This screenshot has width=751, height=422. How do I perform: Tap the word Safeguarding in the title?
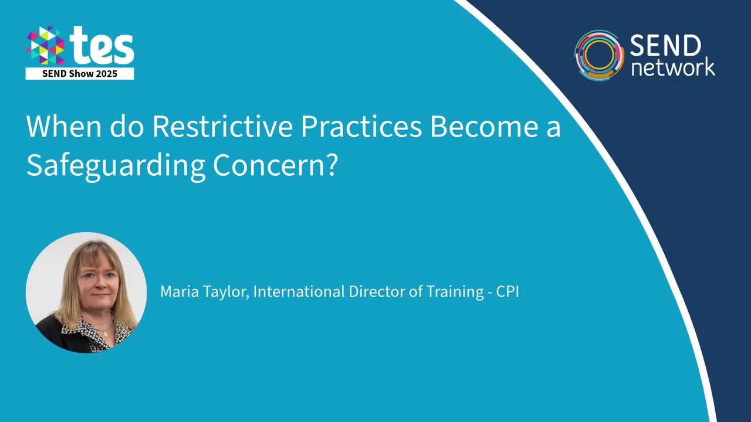point(115,166)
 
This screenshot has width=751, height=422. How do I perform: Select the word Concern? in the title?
point(275,166)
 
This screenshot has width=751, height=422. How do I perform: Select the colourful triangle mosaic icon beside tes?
point(45,46)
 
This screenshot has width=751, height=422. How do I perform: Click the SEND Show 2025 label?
point(80,74)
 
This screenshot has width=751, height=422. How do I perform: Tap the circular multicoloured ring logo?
point(599,55)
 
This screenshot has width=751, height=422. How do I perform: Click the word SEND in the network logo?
point(665,46)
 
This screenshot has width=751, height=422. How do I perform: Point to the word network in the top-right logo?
point(672,67)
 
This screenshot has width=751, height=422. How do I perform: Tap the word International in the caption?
point(299,291)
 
